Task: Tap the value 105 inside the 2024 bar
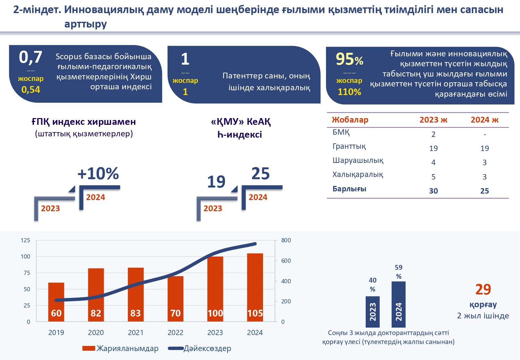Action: [x=255, y=313]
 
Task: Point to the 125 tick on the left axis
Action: [x=25, y=240]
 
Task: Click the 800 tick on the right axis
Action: [x=286, y=240]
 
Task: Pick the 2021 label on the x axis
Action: [x=136, y=332]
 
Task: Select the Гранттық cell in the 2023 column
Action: [x=433, y=148]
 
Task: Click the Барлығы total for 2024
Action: [x=484, y=191]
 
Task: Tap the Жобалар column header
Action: [x=350, y=120]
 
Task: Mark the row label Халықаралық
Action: [x=357, y=175]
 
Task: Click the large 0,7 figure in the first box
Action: [x=30, y=57]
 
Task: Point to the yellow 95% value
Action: [x=349, y=59]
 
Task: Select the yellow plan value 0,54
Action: [x=31, y=90]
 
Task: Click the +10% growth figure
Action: [x=98, y=173]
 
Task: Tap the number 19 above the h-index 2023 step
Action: [x=216, y=182]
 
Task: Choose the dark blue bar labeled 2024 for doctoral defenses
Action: [x=398, y=304]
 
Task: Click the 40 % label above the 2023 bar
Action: [x=372, y=284]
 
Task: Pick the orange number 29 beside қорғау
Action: [x=483, y=289]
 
